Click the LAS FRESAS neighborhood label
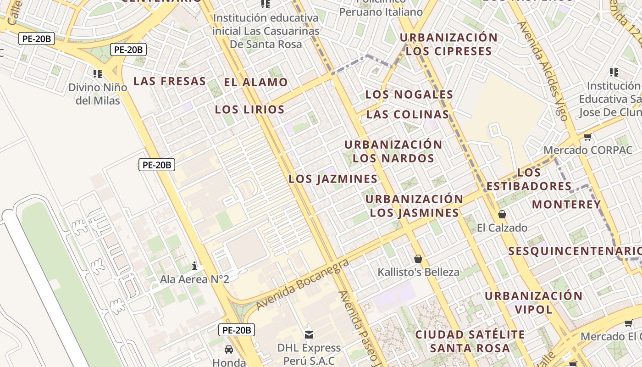point(169,81)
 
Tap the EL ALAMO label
point(255,83)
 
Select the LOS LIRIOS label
point(249,110)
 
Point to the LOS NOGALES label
point(409,95)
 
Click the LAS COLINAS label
point(407,114)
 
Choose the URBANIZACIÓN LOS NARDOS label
point(393,151)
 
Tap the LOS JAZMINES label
point(333,179)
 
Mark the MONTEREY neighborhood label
point(566,205)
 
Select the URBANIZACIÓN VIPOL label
point(533,302)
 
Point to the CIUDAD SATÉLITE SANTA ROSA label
point(470,341)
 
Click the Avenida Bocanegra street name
point(303,284)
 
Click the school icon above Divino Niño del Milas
point(97,73)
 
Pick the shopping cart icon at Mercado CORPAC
point(587,137)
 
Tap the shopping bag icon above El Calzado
point(502,214)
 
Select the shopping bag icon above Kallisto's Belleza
point(418,259)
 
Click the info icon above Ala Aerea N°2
point(194,266)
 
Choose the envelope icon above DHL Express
point(309,334)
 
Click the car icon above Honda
point(229,350)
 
